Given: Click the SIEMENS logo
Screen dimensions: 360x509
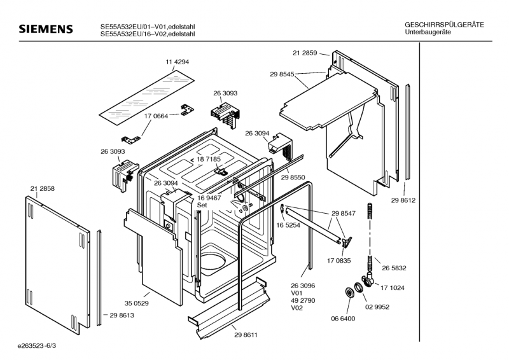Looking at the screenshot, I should [45, 29].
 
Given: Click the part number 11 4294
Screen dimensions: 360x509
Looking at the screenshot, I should [178, 62].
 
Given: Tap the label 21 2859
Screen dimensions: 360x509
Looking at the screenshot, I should [305, 53].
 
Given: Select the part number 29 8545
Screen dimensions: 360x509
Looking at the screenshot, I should [282, 74].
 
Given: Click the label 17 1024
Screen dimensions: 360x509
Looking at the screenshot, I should [393, 288].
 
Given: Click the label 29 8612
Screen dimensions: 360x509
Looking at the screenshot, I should [403, 201].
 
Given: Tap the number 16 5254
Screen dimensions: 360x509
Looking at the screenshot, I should [288, 225].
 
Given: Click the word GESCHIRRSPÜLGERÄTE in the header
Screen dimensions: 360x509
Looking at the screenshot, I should [444, 24].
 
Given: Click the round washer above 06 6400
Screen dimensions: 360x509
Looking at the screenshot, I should [349, 294].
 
